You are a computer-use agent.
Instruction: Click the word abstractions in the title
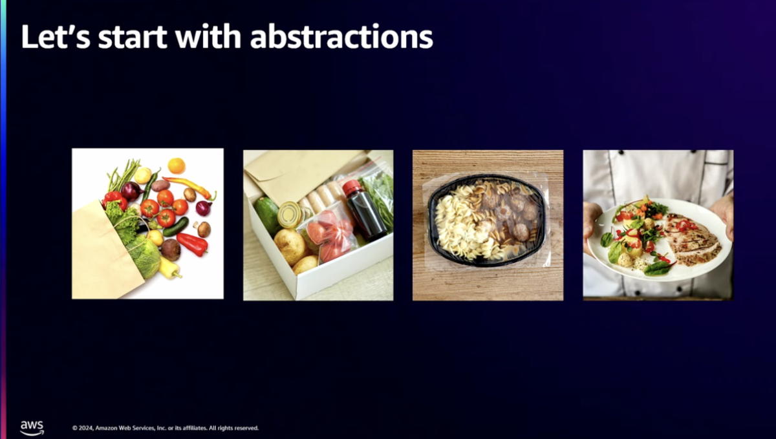coord(341,37)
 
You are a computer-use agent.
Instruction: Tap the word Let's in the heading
coord(56,37)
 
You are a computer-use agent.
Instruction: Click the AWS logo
coord(32,428)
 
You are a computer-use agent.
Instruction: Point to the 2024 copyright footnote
coord(166,428)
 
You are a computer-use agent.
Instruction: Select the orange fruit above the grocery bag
coord(177,166)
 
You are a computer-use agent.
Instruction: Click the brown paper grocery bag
coord(104,253)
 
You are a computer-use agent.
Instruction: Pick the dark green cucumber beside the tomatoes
coord(176,227)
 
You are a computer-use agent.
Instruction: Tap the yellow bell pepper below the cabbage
coord(169,268)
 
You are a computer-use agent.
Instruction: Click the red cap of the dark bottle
coord(352,187)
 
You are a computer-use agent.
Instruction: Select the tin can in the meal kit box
coord(290,215)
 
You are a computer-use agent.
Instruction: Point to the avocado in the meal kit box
coord(266,215)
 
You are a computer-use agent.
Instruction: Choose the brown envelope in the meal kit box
coord(294,176)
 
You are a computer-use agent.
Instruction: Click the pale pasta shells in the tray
coord(457,226)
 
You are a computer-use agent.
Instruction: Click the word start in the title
coord(133,37)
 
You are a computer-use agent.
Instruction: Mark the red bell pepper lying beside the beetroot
coord(193,244)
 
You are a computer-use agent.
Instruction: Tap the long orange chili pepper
coord(189,187)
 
